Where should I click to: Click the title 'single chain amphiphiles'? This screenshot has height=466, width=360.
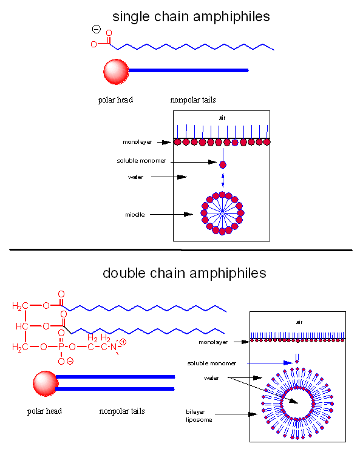coord(191,16)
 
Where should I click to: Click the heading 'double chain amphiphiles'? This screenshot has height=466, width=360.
coord(185,274)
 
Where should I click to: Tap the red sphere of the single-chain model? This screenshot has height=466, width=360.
coord(116,72)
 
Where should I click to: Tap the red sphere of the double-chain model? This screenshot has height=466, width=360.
coord(46,383)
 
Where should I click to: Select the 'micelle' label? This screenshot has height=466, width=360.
coord(135,215)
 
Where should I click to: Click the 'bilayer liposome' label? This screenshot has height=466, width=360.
coord(199,416)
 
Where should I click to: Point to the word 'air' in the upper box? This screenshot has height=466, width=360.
coord(222,118)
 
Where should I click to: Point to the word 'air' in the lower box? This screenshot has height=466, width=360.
coord(299,322)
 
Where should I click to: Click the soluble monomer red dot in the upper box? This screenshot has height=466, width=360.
coord(223,164)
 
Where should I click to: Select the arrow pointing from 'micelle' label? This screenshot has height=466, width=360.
coord(172,214)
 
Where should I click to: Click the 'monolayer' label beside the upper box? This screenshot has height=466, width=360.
coord(137,142)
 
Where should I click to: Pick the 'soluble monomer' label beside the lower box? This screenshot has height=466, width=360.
coord(212,363)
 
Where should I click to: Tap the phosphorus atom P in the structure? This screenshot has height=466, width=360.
coord(61,347)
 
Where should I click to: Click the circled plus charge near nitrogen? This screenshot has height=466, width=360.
coord(123,342)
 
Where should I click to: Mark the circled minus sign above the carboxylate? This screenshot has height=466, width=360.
coord(97,29)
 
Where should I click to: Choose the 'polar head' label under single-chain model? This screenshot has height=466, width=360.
coord(115,100)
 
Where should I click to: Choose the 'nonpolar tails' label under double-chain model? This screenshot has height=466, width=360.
coord(122,411)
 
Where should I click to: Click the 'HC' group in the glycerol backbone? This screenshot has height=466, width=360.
coord(22,326)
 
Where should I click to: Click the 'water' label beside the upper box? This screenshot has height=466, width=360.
coord(135,177)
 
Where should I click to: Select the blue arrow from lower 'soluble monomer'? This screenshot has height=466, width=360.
coord(270,363)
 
